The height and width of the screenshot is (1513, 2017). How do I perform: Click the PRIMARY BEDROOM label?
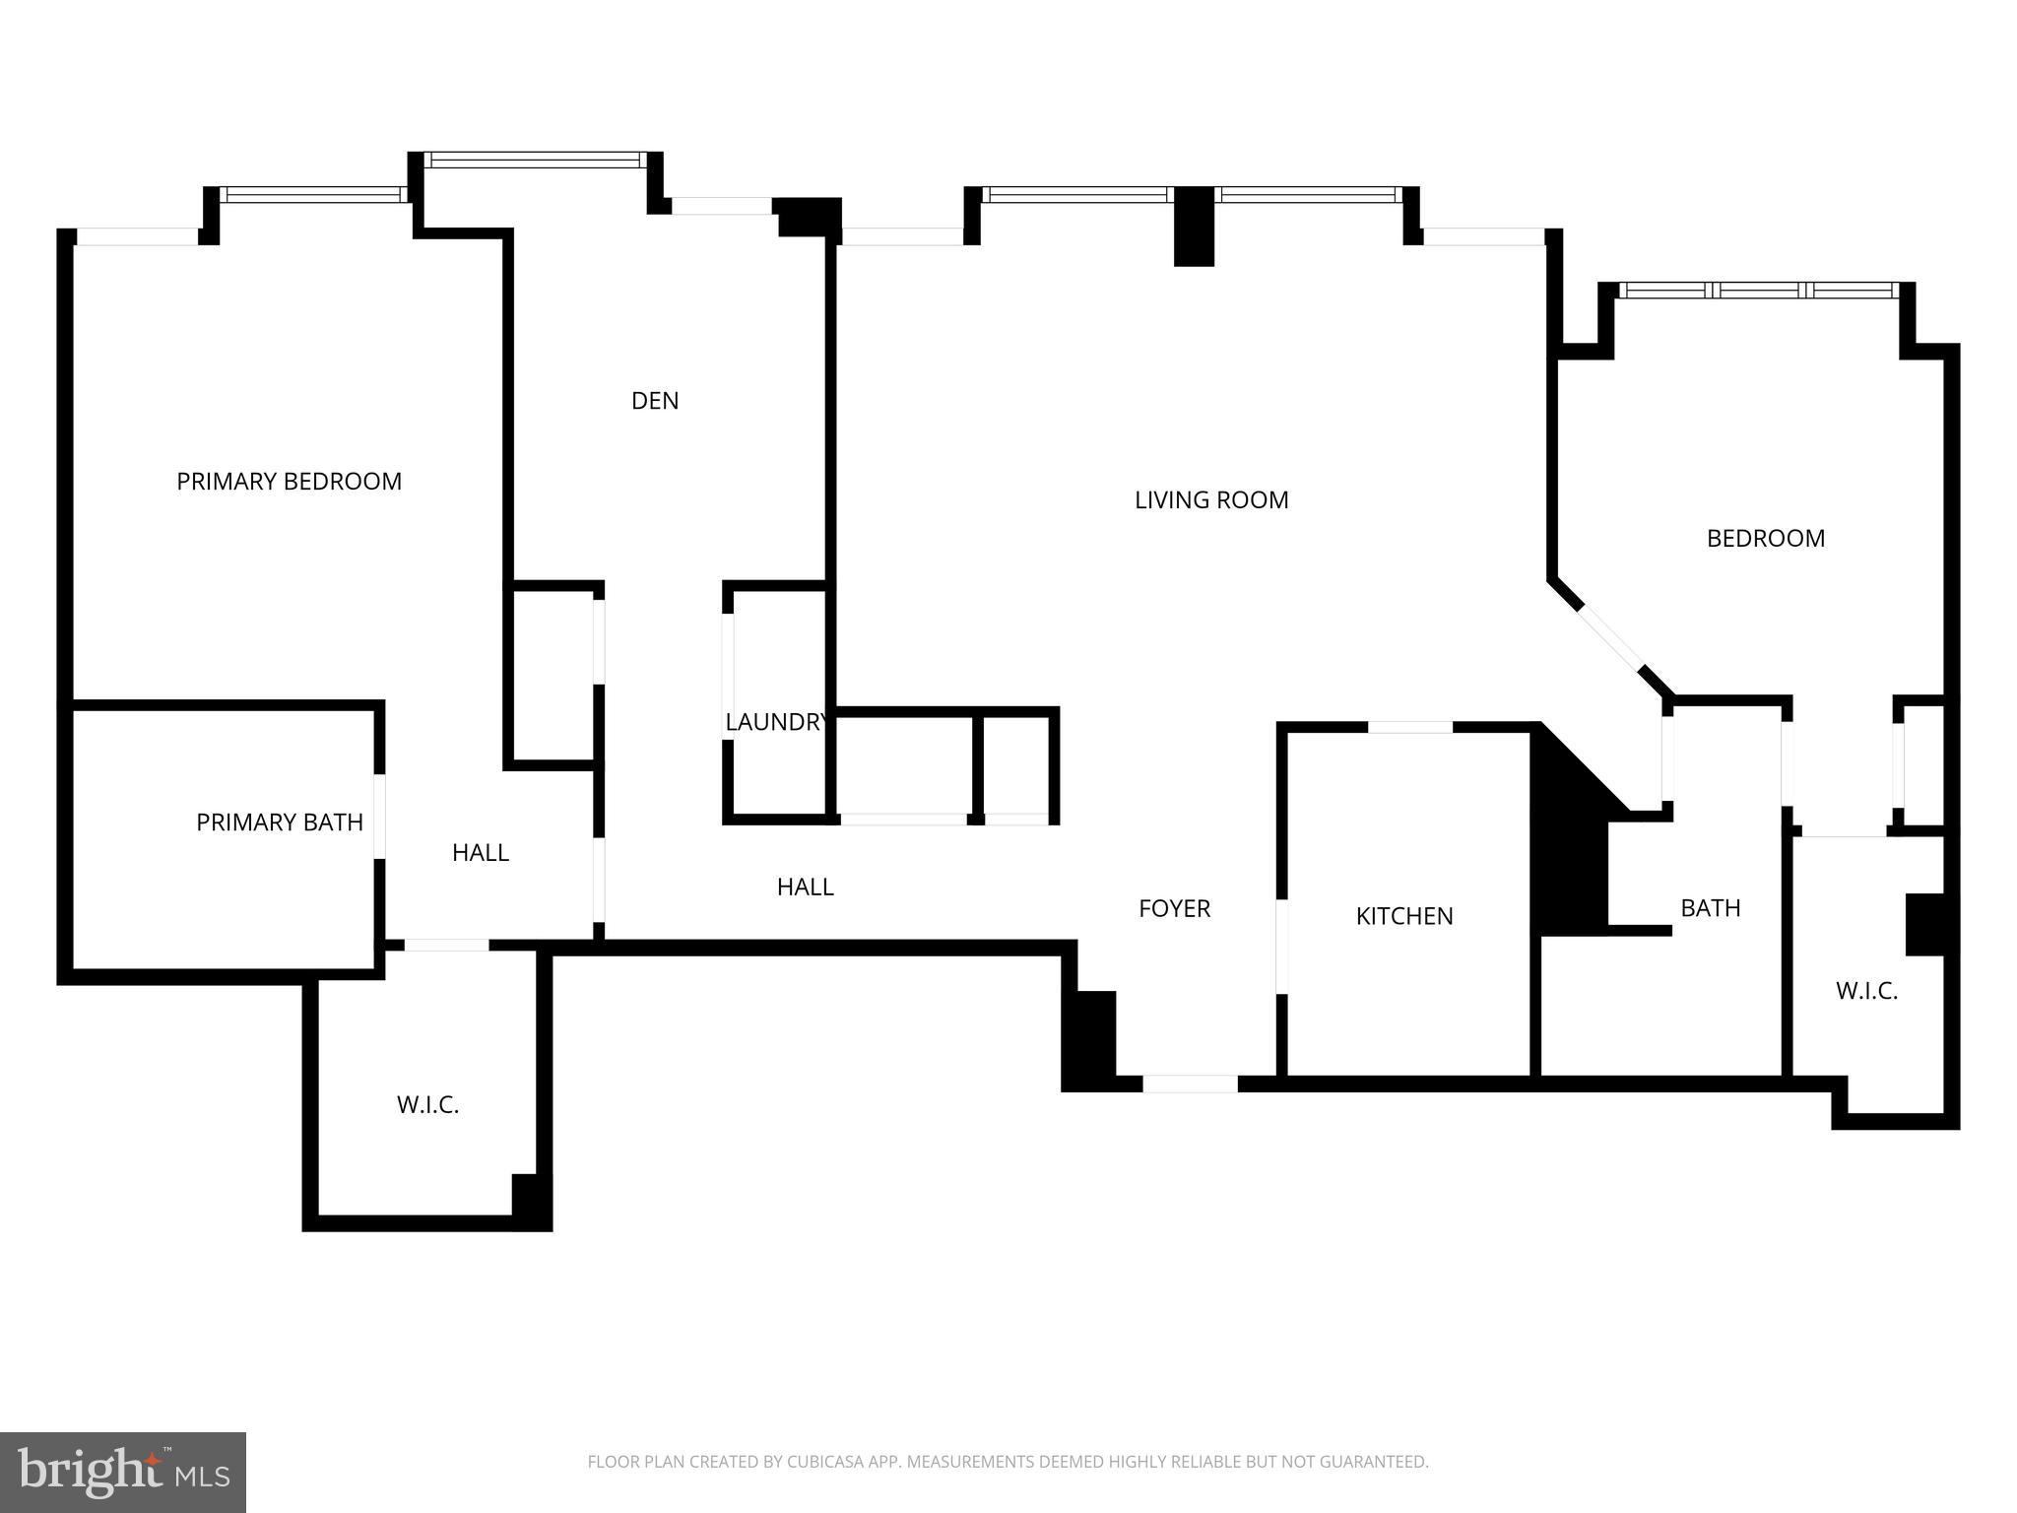[x=289, y=482]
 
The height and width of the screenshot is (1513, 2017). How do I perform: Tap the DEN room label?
[x=655, y=401]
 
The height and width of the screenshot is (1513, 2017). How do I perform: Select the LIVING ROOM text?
[x=1211, y=500]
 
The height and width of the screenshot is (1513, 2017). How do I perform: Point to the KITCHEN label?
[x=1403, y=917]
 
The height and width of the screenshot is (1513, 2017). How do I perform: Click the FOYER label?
[x=1174, y=909]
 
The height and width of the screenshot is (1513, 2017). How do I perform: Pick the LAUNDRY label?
[x=775, y=722]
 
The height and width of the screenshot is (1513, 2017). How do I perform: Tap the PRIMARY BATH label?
[x=280, y=822]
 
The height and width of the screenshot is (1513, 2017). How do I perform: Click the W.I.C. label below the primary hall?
[x=427, y=1105]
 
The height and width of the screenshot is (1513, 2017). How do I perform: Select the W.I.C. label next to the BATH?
[x=1866, y=992]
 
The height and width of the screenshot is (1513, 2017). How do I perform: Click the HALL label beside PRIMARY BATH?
[x=480, y=853]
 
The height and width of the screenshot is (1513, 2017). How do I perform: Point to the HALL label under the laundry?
[x=805, y=888]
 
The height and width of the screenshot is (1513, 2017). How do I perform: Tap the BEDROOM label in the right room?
[x=1765, y=539]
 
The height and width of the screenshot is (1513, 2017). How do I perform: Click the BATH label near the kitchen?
[x=1710, y=908]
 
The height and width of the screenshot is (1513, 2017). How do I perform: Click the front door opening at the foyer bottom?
[x=1190, y=1084]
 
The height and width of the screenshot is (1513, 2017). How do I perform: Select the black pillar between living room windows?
[x=1194, y=227]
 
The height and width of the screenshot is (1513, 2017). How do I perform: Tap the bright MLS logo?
[x=123, y=1472]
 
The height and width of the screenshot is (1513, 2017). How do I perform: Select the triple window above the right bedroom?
[x=1758, y=291]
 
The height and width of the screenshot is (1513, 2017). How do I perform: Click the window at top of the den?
[x=536, y=160]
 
